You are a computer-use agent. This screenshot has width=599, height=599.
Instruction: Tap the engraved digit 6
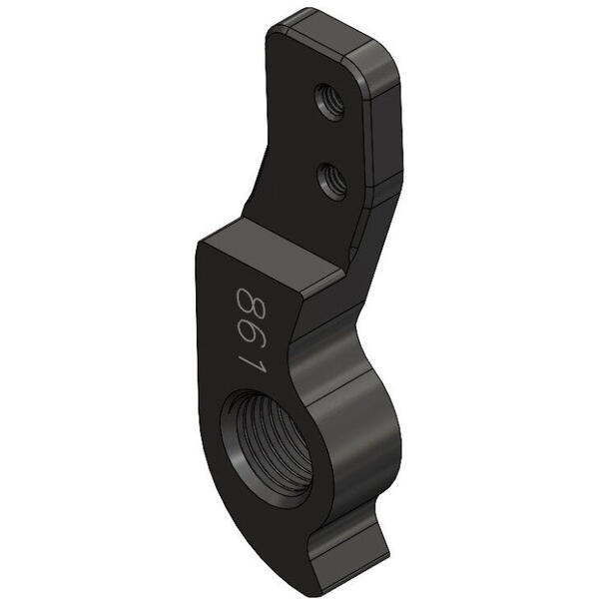(x=253, y=337)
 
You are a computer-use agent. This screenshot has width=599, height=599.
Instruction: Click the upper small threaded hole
(x=329, y=103)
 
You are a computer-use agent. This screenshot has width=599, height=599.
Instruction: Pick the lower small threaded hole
(x=332, y=181)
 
